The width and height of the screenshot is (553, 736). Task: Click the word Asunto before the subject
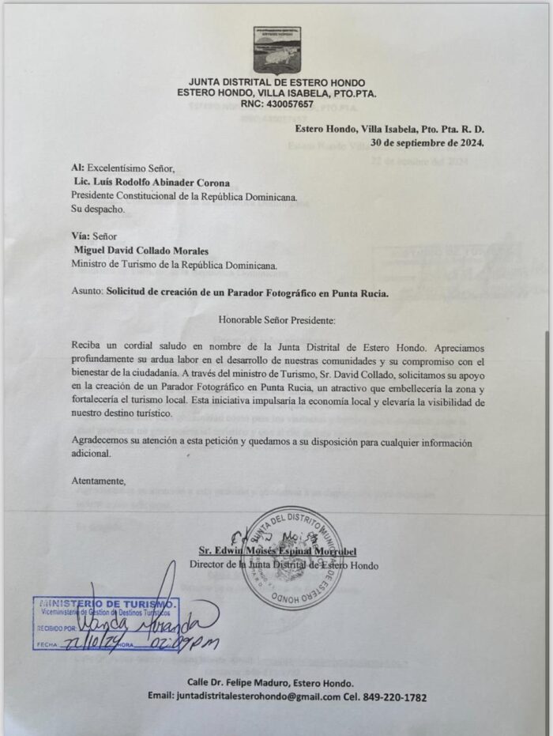click(85, 292)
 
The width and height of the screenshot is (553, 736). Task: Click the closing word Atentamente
click(98, 480)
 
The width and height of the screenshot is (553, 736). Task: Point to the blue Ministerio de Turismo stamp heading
click(107, 603)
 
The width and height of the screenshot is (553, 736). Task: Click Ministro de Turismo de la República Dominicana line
click(175, 264)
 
